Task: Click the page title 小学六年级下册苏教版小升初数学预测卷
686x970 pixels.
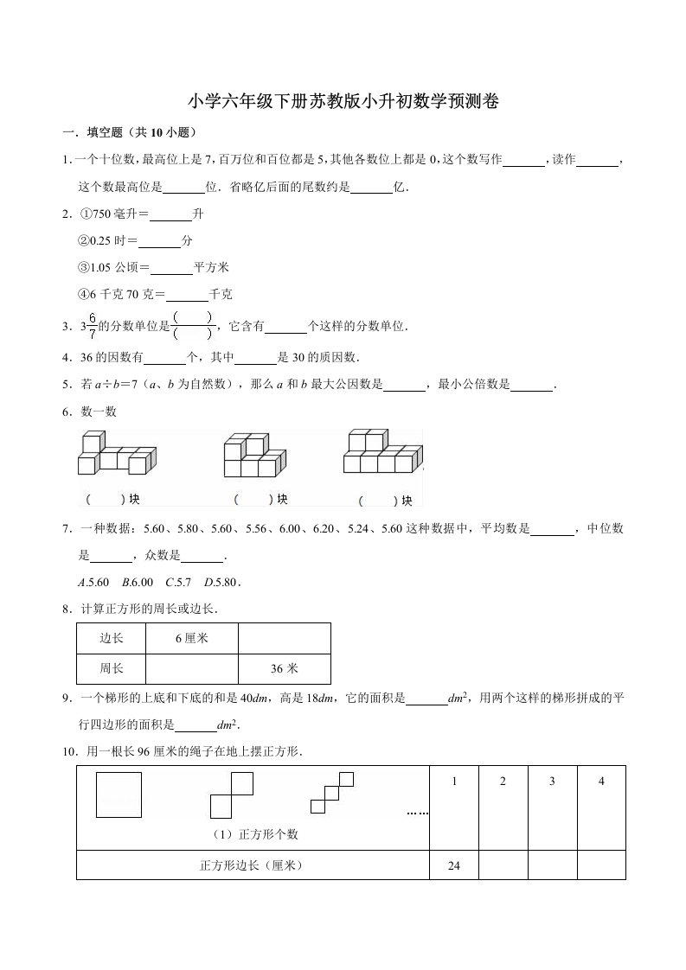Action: [343, 101]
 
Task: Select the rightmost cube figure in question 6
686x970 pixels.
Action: [382, 452]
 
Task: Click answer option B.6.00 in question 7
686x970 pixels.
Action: [138, 581]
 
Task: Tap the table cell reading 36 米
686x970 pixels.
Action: [285, 668]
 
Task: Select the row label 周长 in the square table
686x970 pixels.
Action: [112, 668]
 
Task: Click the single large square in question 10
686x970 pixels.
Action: [119, 794]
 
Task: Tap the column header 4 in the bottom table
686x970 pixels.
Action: [601, 782]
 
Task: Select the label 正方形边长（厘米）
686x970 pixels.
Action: [253, 865]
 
